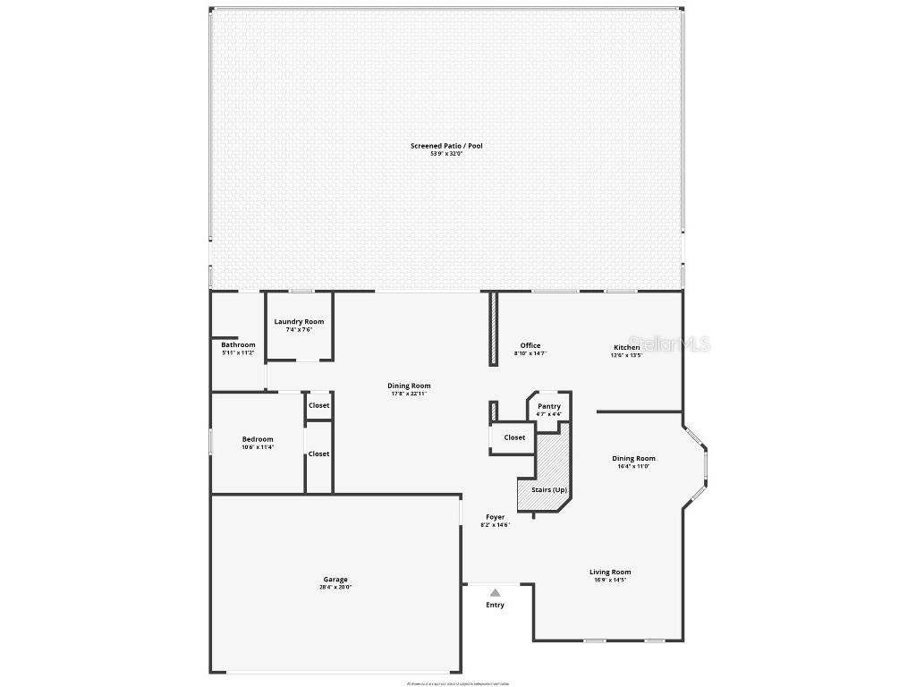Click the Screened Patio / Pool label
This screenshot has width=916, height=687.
click(446, 146)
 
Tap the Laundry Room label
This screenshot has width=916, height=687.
click(299, 322)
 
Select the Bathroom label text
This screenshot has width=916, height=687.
click(238, 344)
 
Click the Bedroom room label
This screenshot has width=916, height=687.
click(258, 439)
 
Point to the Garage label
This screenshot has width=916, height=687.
click(335, 580)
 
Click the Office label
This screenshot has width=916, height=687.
click(530, 345)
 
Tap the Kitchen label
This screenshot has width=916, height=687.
click(626, 347)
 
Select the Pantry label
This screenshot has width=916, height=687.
click(549, 406)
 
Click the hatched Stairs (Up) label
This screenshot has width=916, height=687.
click(548, 489)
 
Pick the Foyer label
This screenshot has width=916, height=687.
click(495, 517)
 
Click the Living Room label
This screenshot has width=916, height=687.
click(610, 572)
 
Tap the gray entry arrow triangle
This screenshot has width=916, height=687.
click(495, 592)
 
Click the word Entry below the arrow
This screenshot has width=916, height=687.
click(495, 605)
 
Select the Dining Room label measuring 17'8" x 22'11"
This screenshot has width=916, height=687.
click(409, 386)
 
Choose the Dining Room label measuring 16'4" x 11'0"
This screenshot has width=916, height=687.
click(633, 459)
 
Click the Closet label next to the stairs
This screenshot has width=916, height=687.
click(514, 437)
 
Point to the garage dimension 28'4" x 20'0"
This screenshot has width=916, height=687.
click(335, 588)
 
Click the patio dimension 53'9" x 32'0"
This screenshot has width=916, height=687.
click(446, 154)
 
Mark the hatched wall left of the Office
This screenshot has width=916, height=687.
click(492, 328)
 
